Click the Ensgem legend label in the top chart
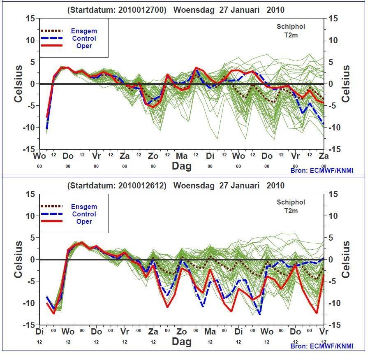click(x=84, y=31)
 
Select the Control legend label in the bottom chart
click(x=84, y=214)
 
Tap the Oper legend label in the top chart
click(x=84, y=46)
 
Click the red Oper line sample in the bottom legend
click(x=52, y=221)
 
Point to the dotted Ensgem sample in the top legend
click(x=52, y=31)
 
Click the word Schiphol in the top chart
click(x=291, y=26)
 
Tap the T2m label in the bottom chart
click(x=291, y=211)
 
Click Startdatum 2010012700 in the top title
click(x=117, y=10)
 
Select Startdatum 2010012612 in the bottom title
click(x=117, y=186)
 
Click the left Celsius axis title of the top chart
click(x=18, y=84)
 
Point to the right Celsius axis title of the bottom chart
click(x=346, y=259)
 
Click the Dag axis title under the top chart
click(x=181, y=166)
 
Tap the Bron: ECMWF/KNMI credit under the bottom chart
click(x=322, y=346)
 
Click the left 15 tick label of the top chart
click(x=30, y=19)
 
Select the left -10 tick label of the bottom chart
click(x=29, y=303)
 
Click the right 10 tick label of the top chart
click(x=333, y=40)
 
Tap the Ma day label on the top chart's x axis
click(x=181, y=156)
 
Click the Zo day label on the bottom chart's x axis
click(x=181, y=332)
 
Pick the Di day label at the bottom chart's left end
click(x=39, y=332)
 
